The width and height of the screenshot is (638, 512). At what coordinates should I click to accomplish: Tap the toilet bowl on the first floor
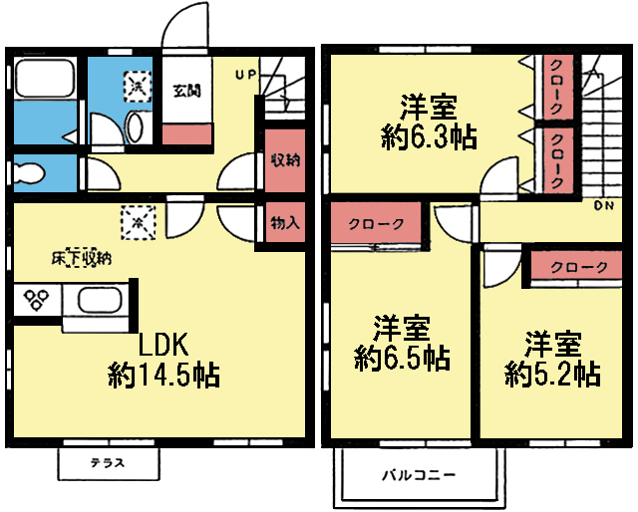tap(30, 171)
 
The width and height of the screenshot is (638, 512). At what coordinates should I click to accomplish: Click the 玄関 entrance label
tap(185, 92)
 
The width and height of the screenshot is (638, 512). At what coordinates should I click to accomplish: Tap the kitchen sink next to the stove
tap(98, 301)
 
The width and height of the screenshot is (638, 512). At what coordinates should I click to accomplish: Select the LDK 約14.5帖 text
tap(164, 360)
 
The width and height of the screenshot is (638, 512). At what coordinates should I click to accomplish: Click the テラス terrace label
tap(108, 463)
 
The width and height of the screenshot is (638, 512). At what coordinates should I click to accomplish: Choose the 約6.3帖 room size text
tap(429, 137)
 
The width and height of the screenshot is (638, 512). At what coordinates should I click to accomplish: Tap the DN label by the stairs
tap(603, 207)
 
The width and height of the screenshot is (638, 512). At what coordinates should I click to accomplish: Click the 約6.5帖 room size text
tap(402, 356)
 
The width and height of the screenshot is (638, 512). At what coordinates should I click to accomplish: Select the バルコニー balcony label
tap(419, 474)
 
